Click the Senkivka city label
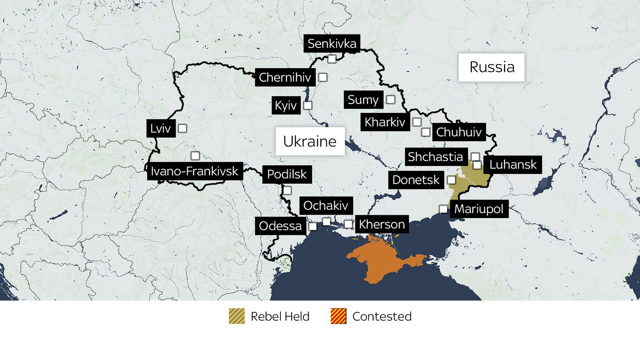click(332, 43)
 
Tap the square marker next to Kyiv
click(308, 106)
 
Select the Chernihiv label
click(285, 77)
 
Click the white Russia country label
click(491, 67)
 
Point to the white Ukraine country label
click(310, 141)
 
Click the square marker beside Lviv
click(182, 128)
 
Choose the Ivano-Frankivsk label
click(194, 171)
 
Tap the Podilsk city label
click(287, 174)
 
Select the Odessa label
click(280, 226)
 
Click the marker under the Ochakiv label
click(326, 222)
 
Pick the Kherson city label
click(382, 224)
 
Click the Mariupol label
click(479, 209)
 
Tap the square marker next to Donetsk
click(451, 180)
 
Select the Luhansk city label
click(513, 164)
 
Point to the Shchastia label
click(435, 157)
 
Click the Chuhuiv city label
click(459, 132)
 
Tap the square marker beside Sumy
click(390, 100)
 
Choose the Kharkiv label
click(385, 122)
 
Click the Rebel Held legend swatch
click(237, 316)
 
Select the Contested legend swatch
click(338, 316)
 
